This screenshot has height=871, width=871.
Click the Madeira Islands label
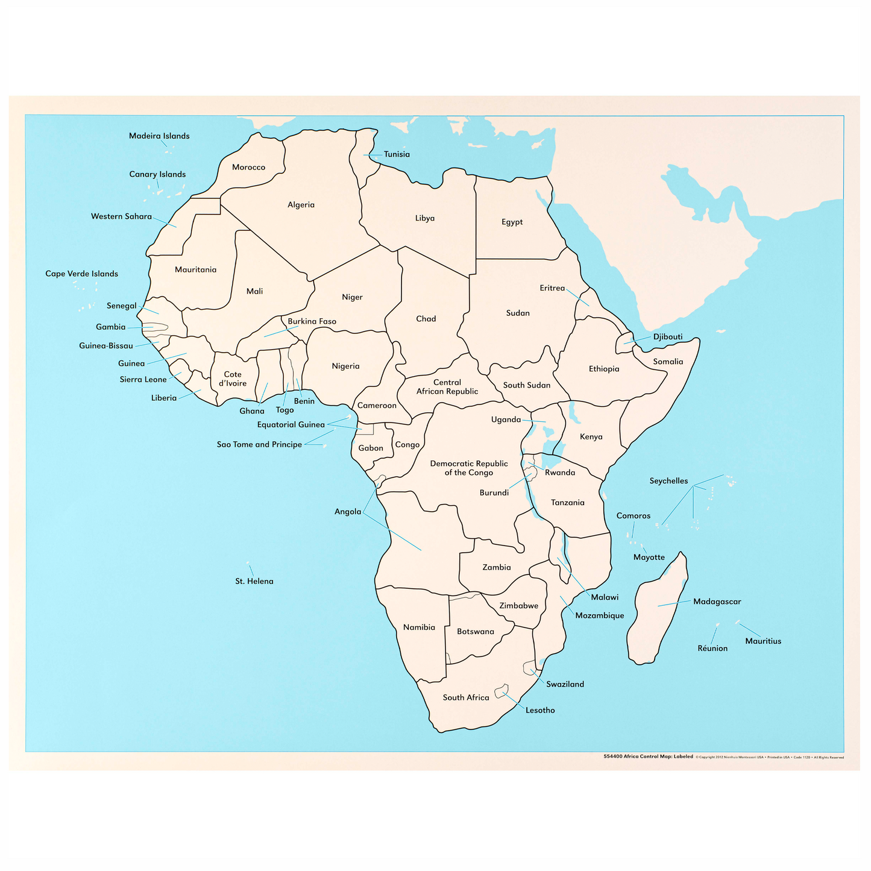click(x=159, y=136)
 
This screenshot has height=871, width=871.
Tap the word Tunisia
click(x=397, y=154)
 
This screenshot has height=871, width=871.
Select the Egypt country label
click(x=512, y=222)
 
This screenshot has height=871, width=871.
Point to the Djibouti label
click(x=668, y=337)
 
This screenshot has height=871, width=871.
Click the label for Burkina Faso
click(x=312, y=321)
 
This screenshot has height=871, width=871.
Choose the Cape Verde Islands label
click(x=81, y=274)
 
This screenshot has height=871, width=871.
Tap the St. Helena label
click(x=254, y=582)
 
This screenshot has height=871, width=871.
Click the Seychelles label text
click(x=668, y=481)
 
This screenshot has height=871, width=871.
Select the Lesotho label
click(x=540, y=710)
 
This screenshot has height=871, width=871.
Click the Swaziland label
click(x=565, y=684)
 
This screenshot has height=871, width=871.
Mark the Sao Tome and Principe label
click(x=259, y=445)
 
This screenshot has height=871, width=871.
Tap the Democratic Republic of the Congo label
click(x=468, y=468)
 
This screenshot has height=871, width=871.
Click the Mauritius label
click(x=763, y=641)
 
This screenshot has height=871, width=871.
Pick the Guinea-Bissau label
click(x=106, y=346)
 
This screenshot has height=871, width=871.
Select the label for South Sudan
click(x=526, y=385)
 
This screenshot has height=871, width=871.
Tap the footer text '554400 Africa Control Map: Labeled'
click(x=648, y=756)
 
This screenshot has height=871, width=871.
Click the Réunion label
click(x=712, y=649)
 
